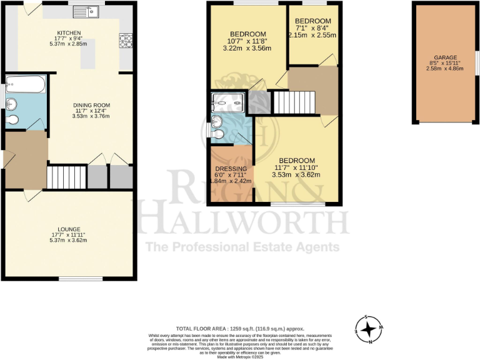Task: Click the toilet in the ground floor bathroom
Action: coord(12,119)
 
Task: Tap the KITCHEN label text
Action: coord(69,33)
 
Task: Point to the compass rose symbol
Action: coord(369,327)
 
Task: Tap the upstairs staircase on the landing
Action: coord(292,102)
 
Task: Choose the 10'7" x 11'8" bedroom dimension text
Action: coord(248,41)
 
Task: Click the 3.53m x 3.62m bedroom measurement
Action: coord(296,175)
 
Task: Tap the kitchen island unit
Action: coord(88,54)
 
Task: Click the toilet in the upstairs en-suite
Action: coord(217,133)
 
